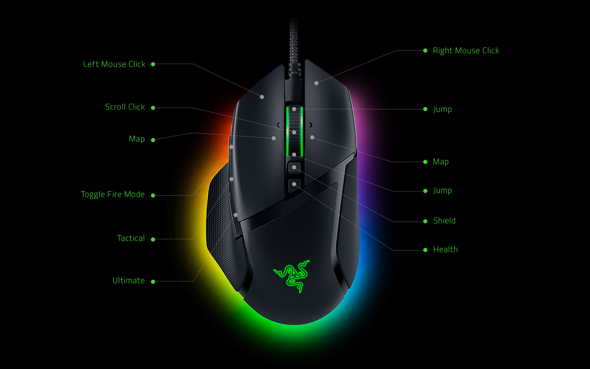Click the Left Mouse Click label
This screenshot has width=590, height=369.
coord(114,64)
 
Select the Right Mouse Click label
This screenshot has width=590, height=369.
coord(466,50)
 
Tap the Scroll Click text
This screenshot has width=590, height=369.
coord(125,107)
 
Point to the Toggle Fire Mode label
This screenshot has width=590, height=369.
coord(113,194)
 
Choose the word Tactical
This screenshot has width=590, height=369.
coord(131,238)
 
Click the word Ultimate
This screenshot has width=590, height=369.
coord(128,280)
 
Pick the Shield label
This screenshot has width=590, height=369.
coord(444,221)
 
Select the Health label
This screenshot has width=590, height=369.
coord(445,249)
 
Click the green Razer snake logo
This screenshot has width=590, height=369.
coord(292,276)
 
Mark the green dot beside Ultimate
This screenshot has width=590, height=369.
coord(153,282)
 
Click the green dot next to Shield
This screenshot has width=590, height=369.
coord(425,221)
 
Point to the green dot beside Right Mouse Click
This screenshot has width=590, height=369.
coord(425,50)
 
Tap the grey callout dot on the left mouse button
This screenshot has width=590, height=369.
coord(262,97)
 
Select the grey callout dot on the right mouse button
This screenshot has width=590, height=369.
coord(316,83)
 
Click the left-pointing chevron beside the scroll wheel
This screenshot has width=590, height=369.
coord(278,125)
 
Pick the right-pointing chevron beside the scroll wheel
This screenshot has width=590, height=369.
coord(311,125)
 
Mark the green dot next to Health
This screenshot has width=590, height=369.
coord(425,250)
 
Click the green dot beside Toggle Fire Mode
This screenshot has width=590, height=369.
coord(153,195)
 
